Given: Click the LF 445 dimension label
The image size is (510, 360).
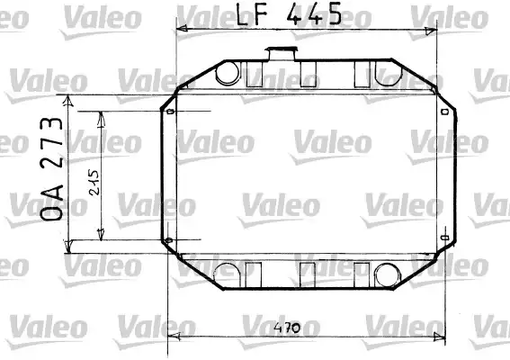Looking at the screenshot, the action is [289, 14].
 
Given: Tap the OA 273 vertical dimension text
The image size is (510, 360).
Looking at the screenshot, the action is [51, 168].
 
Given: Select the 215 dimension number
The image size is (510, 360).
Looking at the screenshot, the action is [94, 183].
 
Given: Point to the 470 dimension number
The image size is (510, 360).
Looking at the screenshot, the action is [287, 328].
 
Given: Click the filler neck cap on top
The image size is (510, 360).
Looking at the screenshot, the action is [282, 54].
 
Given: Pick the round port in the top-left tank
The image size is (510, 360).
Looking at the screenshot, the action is [228, 73].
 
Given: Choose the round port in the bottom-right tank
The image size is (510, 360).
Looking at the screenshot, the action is [387, 275].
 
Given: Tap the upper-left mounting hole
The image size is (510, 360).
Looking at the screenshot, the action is [170, 112].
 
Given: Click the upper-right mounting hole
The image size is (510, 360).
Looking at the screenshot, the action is [445, 112].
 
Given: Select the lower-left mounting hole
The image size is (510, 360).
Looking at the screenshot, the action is [168, 240].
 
